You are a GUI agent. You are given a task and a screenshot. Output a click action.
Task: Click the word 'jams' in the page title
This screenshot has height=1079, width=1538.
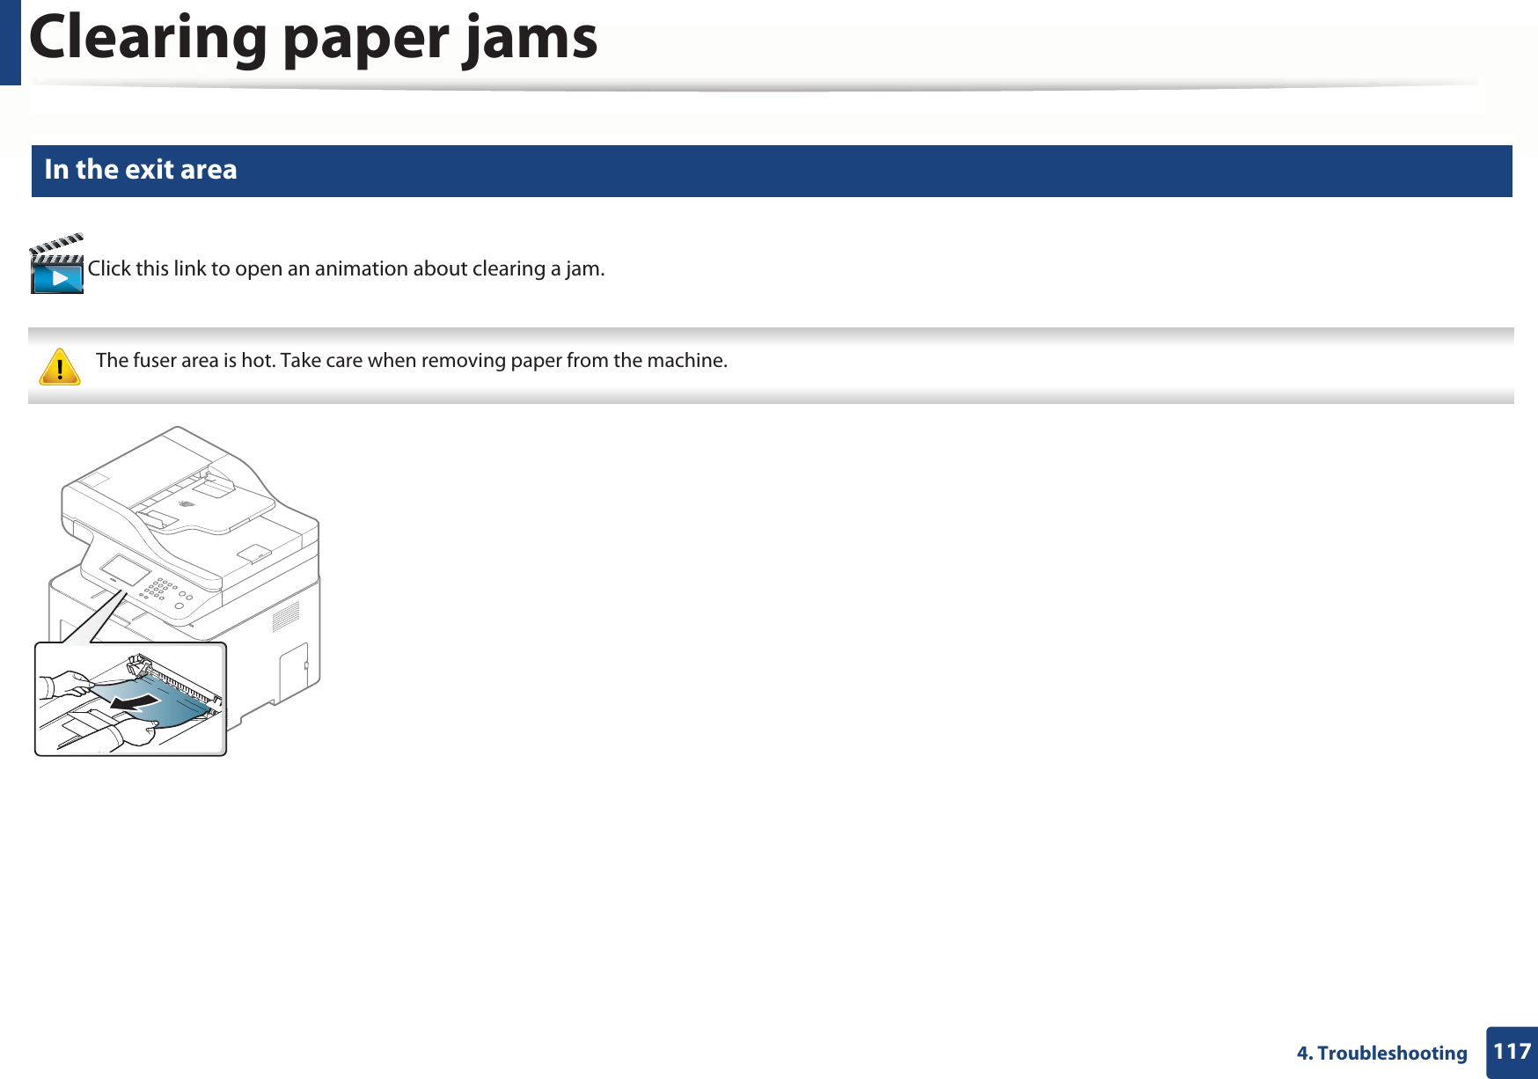click(x=531, y=40)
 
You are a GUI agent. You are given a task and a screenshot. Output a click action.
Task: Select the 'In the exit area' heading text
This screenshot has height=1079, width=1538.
click(x=141, y=169)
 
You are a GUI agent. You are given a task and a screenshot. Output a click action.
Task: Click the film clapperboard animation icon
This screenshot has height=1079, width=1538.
click(x=56, y=265)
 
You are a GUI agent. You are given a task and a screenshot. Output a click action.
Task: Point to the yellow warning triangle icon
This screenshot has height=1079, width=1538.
click(x=60, y=367)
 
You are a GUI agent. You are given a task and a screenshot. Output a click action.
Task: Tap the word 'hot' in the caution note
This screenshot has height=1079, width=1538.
click(x=257, y=361)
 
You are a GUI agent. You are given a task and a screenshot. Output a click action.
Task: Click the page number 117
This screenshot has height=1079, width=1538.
click(x=1512, y=1052)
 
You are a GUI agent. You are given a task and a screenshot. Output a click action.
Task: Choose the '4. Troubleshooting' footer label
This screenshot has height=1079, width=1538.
click(x=1381, y=1053)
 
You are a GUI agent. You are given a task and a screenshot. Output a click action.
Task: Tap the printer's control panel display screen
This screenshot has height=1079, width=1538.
click(x=125, y=569)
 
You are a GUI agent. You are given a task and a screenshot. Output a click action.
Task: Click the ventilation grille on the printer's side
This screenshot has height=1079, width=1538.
click(x=285, y=617)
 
